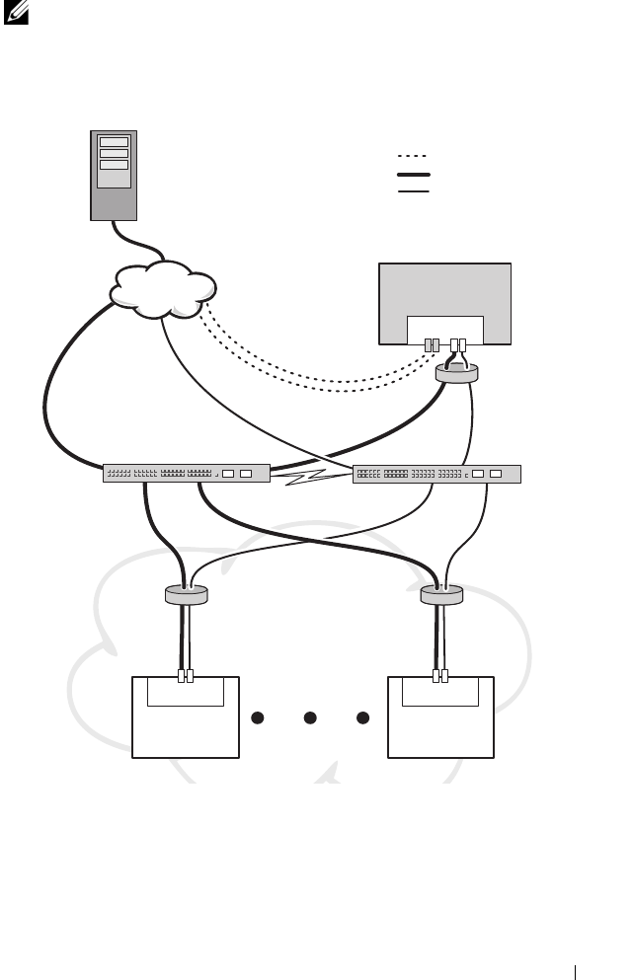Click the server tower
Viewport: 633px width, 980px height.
[114, 175]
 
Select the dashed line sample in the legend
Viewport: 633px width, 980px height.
[412, 157]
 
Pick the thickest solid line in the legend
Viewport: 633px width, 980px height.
[413, 174]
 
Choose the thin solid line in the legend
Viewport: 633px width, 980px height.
[413, 190]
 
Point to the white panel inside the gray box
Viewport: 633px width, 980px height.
[445, 330]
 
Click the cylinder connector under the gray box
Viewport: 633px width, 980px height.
[456, 372]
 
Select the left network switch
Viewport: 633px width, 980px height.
[187, 474]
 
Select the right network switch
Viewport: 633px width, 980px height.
[436, 474]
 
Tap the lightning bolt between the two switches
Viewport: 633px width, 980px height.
[311, 479]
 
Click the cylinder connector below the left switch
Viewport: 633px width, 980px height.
[186, 595]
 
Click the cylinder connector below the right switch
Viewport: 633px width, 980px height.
[442, 595]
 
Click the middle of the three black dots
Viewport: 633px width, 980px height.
[309, 716]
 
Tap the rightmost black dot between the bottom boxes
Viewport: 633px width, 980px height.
[362, 716]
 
